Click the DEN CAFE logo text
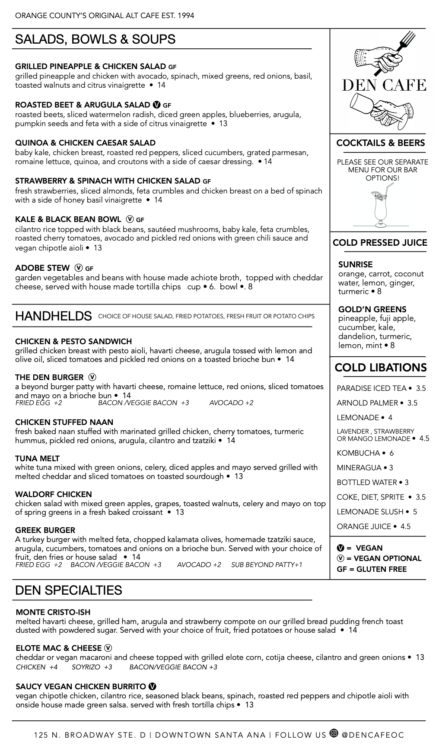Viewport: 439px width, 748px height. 384,85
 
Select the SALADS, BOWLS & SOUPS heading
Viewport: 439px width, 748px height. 95,39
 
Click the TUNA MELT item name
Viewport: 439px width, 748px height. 38,458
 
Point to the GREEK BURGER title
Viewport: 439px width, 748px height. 45,530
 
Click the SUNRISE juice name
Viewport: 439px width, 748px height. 355,264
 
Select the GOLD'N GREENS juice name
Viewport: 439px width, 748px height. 372,309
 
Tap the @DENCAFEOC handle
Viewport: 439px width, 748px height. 373,735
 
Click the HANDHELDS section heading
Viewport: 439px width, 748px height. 53,316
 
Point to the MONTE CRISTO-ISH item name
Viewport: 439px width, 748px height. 53,612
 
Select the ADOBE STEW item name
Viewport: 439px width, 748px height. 42,268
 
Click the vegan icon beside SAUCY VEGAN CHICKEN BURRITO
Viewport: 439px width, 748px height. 152,686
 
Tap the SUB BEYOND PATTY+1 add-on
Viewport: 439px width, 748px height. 267,565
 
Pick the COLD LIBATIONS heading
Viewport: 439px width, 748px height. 380,368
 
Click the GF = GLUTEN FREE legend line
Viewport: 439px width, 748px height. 372,569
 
